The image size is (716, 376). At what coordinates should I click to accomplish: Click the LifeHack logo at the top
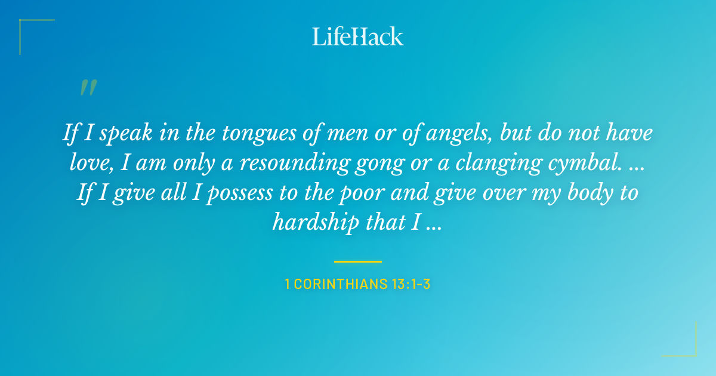(x=358, y=36)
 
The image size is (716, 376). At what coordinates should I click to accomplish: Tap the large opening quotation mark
(x=88, y=88)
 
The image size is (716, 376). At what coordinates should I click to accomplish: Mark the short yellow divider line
(x=358, y=261)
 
